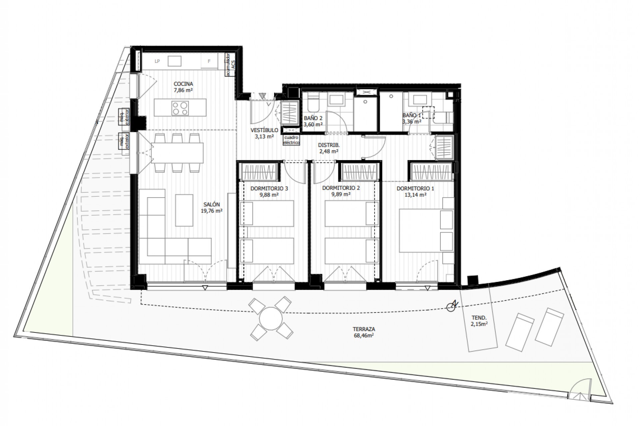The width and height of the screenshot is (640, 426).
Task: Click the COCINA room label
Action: pos(183,84)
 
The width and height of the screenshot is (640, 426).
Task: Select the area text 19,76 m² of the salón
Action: pos(212,211)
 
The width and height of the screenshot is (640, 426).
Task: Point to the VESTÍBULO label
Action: pos(264,130)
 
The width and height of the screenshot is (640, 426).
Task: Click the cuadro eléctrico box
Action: pos(291,140)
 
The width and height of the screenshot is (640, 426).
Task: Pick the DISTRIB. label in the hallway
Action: pos(328,145)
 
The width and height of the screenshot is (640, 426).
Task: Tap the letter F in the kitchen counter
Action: pos(209,61)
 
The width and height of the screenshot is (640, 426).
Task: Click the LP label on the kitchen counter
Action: pos(157,61)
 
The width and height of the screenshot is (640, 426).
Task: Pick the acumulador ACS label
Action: pos(229,64)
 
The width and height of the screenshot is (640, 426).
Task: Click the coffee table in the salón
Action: pos(184,210)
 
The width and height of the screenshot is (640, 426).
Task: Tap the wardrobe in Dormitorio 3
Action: pos(259,172)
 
